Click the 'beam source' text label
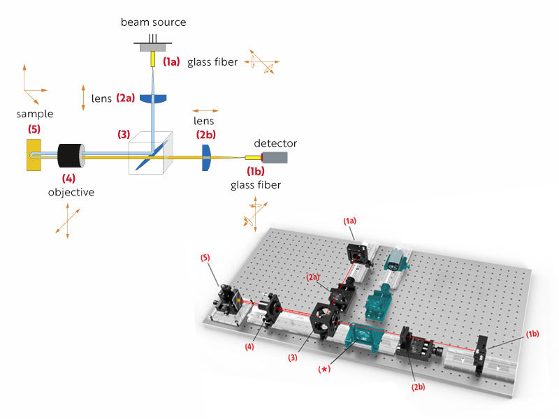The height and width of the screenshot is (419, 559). pyautogui.click(x=154, y=22)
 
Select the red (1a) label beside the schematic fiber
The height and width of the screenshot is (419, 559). pyautogui.click(x=171, y=62)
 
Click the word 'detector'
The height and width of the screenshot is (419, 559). pyautogui.click(x=275, y=143)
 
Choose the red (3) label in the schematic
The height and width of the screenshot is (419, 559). pyautogui.click(x=124, y=134)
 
